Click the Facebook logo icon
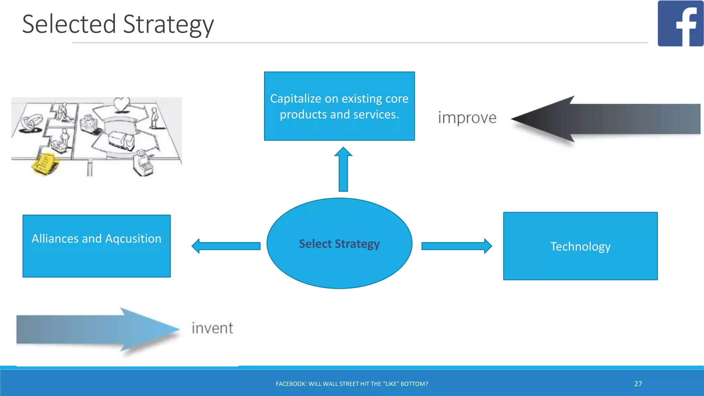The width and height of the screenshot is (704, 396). (x=680, y=23)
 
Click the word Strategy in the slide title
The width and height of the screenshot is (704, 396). (x=168, y=25)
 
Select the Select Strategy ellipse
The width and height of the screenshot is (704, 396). (x=339, y=243)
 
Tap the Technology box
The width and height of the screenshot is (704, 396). (x=580, y=246)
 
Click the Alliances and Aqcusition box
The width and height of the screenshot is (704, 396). (x=97, y=246)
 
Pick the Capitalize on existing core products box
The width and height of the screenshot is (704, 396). (x=339, y=106)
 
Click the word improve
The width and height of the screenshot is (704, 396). (x=467, y=118)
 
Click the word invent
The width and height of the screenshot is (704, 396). (x=212, y=328)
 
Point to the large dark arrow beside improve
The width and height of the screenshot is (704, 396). (x=605, y=119)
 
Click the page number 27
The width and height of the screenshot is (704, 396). (x=638, y=384)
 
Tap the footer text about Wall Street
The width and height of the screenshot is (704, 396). (x=352, y=384)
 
